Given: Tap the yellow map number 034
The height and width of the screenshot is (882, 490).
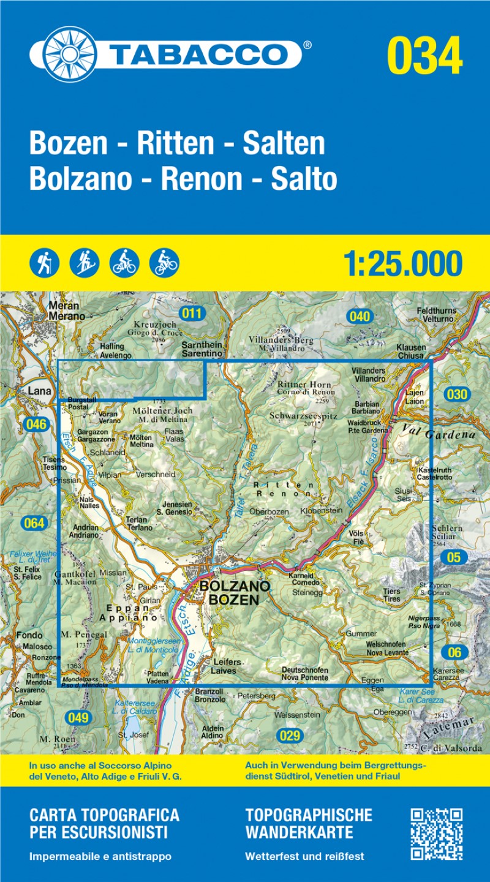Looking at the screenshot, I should click(424, 55).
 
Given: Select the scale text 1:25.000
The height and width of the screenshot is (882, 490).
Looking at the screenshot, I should click(402, 263).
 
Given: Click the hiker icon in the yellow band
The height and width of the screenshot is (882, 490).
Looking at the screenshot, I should click(44, 263).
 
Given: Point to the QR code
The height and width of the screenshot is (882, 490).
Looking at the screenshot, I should click(436, 834).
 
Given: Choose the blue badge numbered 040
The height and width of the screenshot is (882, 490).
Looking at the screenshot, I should click(360, 317).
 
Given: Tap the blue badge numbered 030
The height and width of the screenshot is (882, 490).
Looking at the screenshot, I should click(457, 394).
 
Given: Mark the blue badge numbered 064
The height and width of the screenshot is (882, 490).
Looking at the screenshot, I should click(33, 523).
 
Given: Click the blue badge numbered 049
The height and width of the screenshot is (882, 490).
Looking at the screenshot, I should click(78, 718).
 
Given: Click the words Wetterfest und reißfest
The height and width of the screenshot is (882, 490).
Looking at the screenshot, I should click(304, 856).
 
